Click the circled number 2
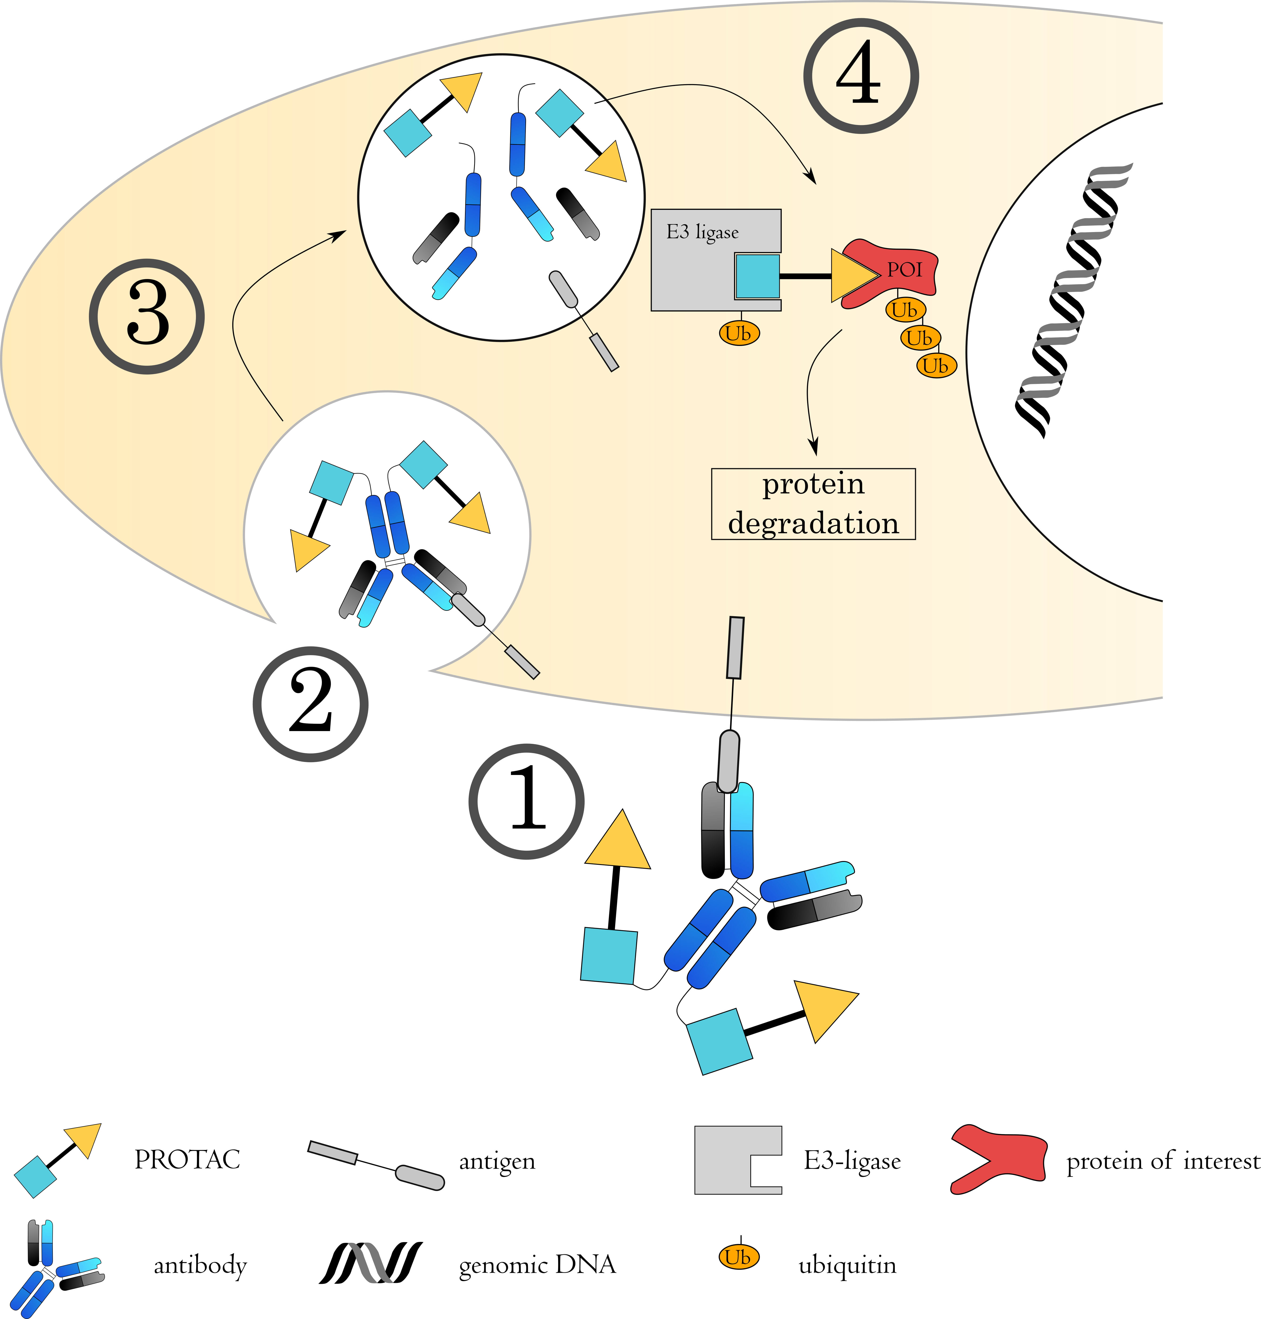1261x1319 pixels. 311,704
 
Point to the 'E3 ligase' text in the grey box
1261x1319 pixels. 702,233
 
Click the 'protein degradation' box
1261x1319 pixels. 813,503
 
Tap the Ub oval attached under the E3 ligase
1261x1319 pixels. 739,333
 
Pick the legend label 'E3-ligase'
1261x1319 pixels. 852,1160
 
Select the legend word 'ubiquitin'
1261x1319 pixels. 847,1265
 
